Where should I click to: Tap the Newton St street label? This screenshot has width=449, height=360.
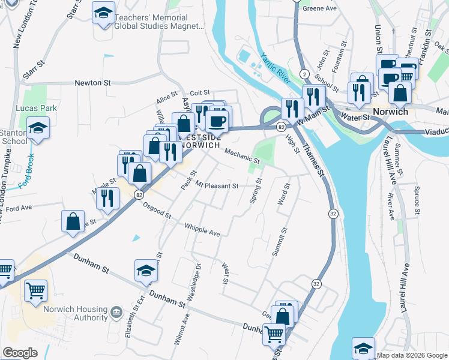(93, 83)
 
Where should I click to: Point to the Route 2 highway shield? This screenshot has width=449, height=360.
(305, 73)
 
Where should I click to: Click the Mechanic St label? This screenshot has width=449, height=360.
(242, 157)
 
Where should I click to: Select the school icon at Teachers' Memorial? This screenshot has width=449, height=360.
(103, 12)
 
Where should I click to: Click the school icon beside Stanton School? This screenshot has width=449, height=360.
(38, 128)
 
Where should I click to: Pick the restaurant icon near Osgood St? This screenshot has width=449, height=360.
(107, 197)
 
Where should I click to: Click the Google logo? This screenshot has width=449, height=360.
(20, 353)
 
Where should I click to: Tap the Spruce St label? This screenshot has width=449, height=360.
(415, 199)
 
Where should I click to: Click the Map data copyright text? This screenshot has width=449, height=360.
(411, 355)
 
